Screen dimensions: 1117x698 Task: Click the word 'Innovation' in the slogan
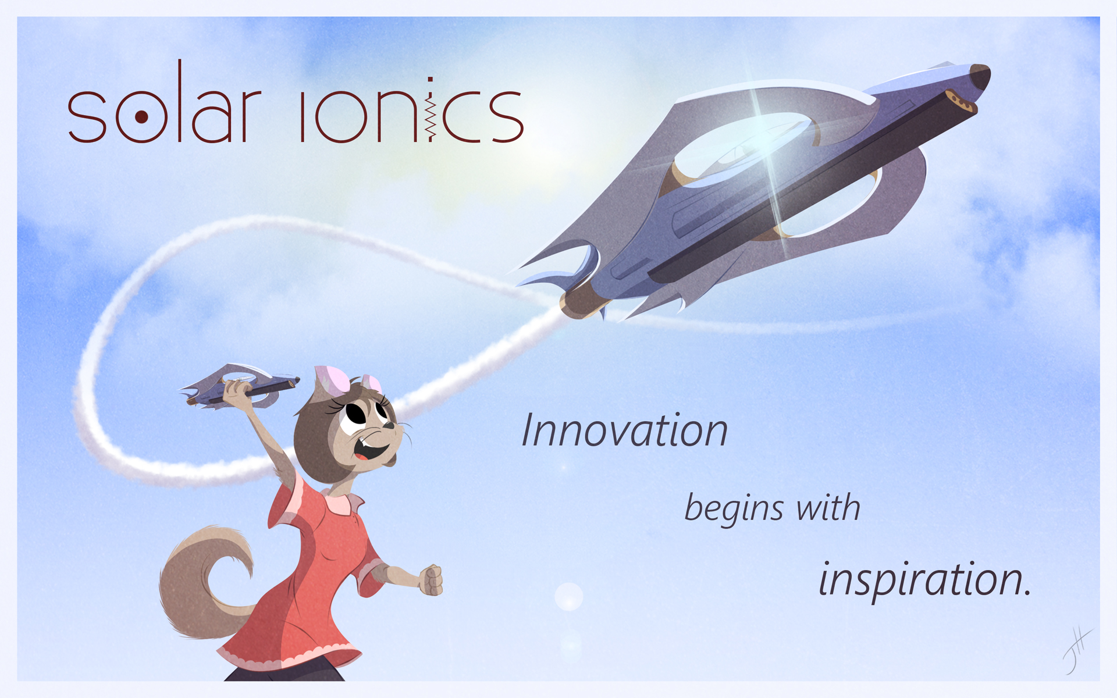tap(625, 430)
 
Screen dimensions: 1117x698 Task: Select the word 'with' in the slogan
tap(828, 507)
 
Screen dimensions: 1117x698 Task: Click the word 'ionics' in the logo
tap(412, 110)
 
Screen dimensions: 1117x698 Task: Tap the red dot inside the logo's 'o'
tap(141, 117)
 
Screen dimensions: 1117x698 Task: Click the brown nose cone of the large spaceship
tap(981, 76)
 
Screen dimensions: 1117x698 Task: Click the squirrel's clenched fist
tap(431, 581)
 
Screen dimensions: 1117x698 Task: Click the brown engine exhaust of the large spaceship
tap(582, 302)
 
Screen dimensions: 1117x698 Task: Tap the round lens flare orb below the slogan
tap(569, 597)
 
